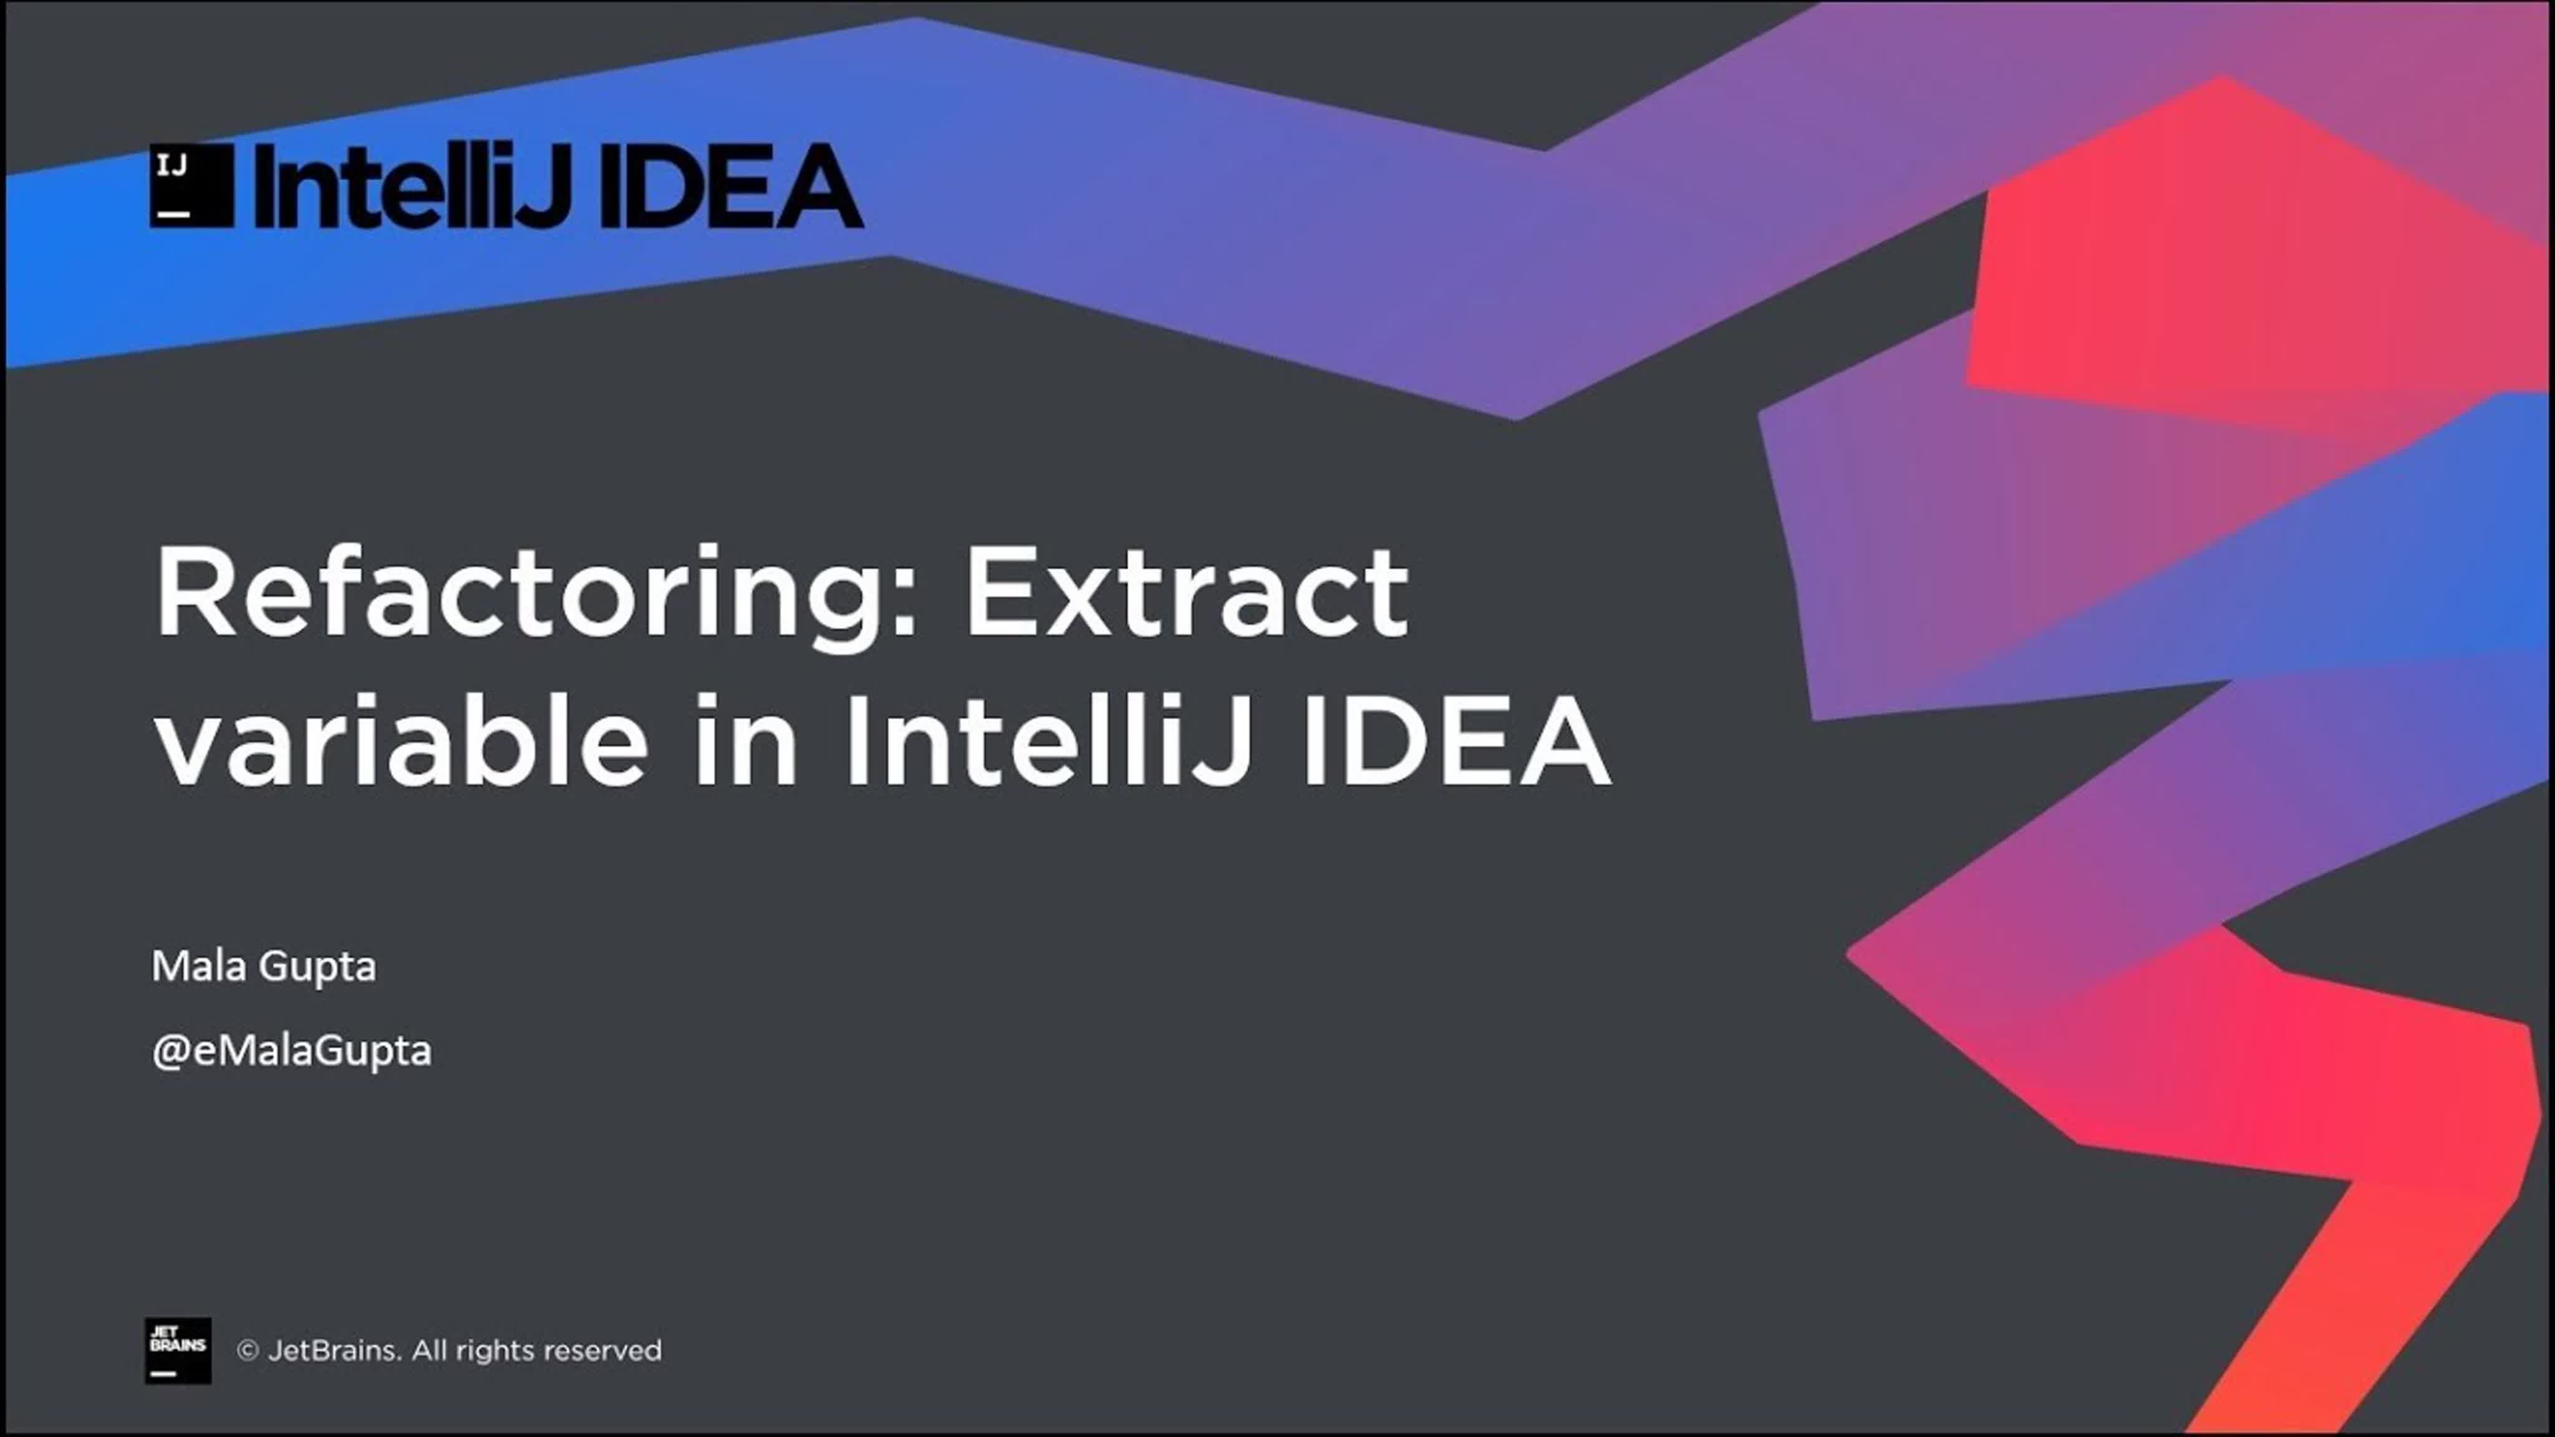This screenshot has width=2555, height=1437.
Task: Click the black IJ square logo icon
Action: pos(192,185)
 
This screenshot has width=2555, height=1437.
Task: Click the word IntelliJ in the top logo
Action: pos(412,185)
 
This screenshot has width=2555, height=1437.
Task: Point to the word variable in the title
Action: pos(402,739)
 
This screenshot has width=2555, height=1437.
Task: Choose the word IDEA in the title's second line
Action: pos(1456,741)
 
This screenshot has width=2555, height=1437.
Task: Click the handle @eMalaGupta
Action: pos(291,1051)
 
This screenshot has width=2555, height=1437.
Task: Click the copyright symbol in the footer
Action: pos(248,1351)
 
